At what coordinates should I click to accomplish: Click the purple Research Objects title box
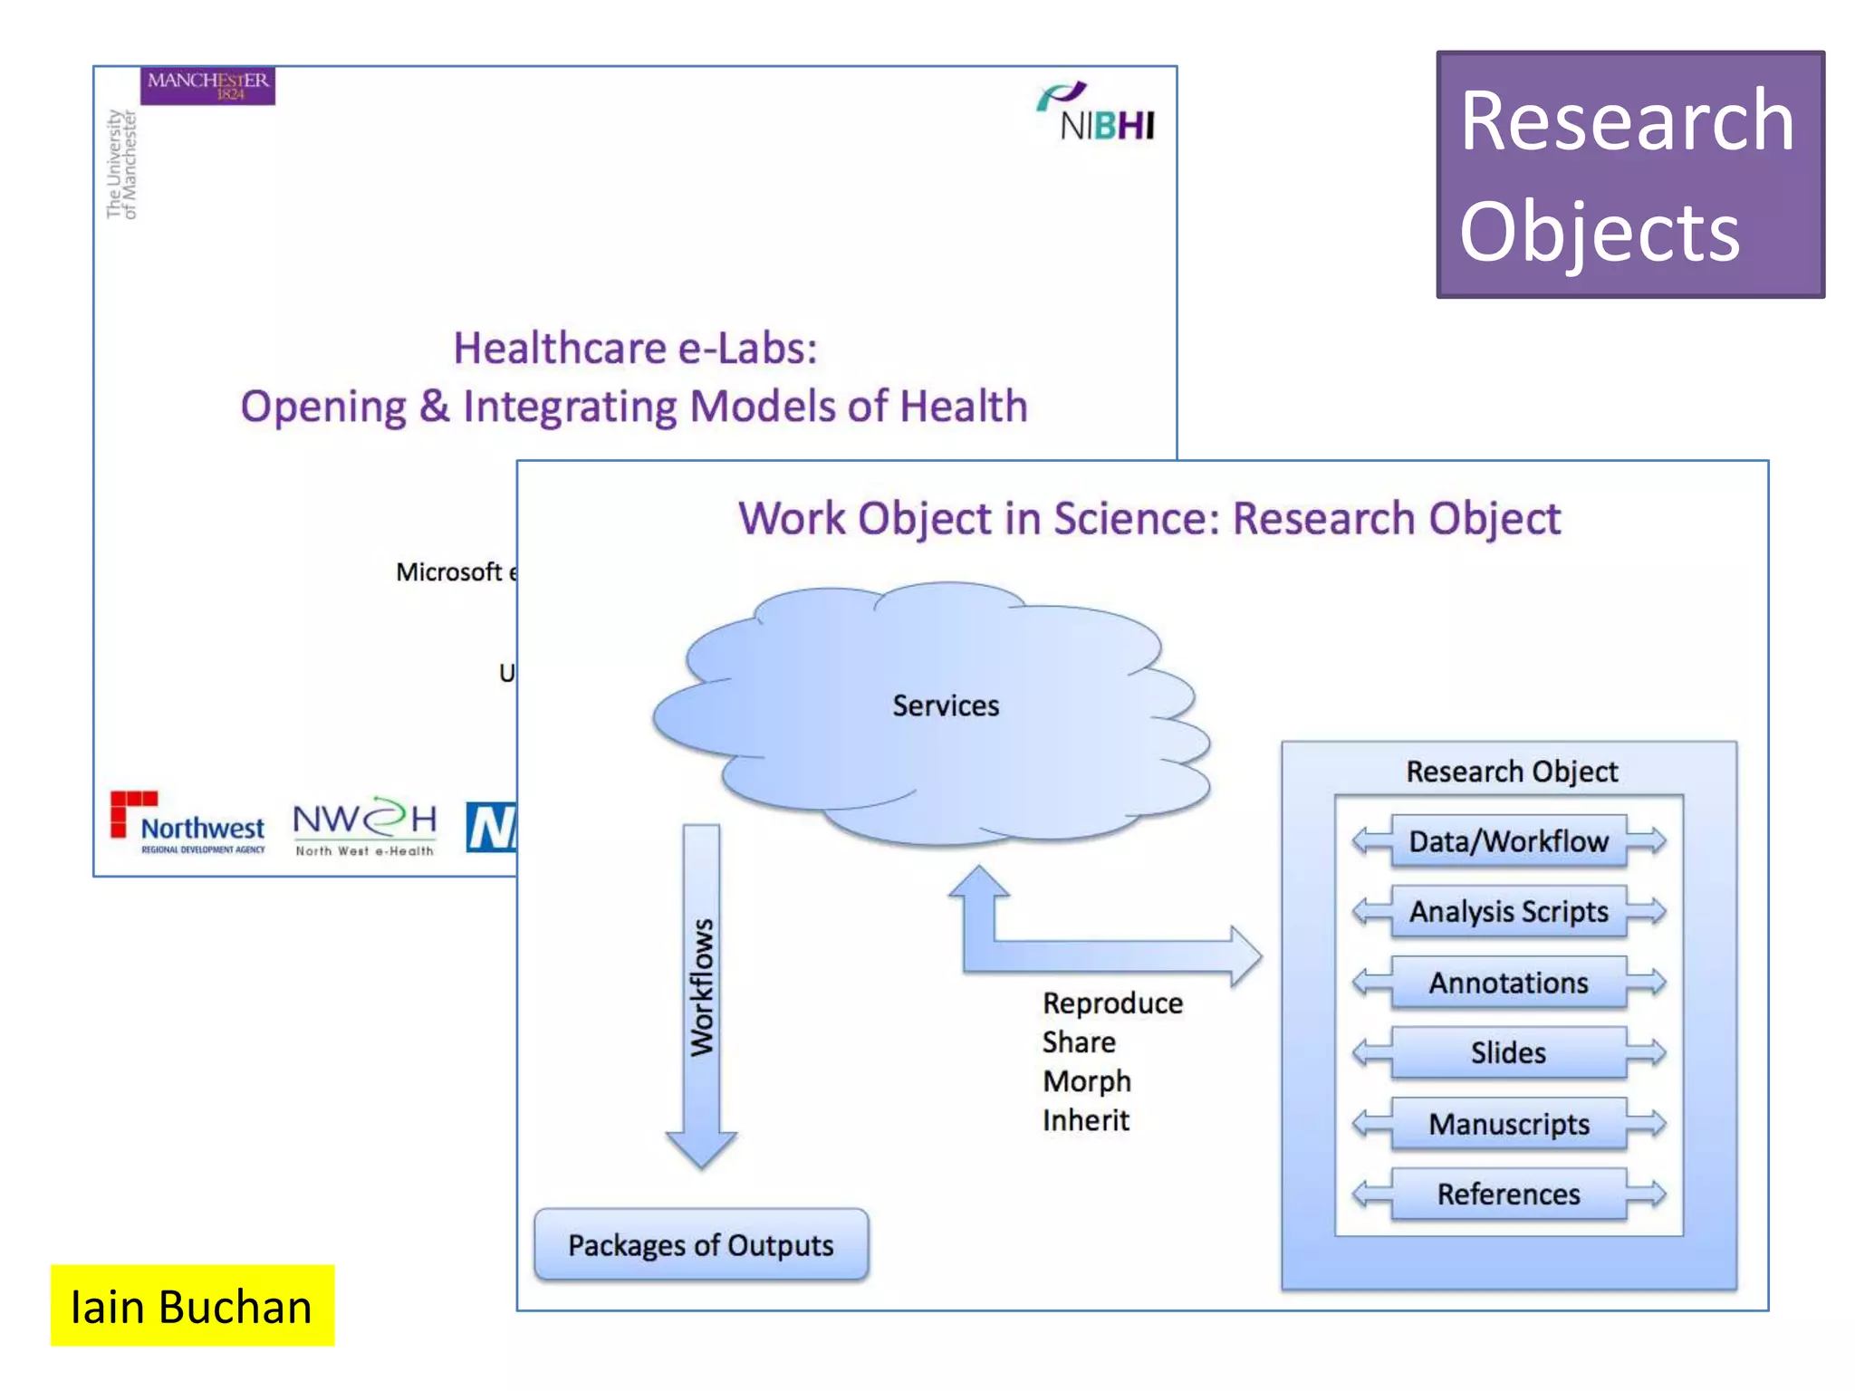1629,174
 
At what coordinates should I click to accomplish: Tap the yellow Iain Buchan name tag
192,1305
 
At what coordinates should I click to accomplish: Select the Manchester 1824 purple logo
207,85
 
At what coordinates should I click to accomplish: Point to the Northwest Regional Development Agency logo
188,822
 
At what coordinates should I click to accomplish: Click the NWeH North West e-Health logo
364,826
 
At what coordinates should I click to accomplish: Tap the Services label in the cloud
945,705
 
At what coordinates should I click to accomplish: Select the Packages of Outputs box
700,1244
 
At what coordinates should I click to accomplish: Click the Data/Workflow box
1508,841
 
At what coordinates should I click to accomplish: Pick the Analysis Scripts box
1508,911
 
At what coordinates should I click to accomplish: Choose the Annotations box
1508,983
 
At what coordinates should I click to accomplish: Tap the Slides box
1508,1052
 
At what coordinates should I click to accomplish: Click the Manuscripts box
1508,1124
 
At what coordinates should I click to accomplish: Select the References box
1508,1194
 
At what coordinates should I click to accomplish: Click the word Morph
1086,1080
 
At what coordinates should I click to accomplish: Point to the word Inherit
1085,1120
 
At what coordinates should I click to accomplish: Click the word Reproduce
1111,1002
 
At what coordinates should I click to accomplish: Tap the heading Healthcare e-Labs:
635,348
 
